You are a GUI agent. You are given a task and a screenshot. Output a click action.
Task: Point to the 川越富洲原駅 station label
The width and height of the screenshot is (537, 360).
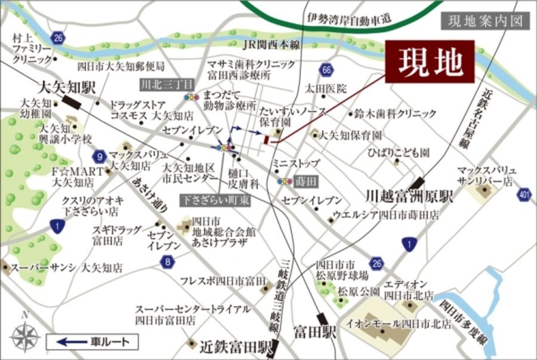click(x=410, y=196)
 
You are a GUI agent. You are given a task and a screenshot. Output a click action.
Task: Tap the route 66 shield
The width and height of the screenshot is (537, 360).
click(x=326, y=70)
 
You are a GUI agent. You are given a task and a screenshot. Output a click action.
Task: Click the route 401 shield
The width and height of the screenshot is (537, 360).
click(x=524, y=194)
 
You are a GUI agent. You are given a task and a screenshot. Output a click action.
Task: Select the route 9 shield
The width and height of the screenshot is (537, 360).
click(x=99, y=157)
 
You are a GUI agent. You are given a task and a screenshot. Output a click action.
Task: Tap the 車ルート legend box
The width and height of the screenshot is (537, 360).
click(x=92, y=342)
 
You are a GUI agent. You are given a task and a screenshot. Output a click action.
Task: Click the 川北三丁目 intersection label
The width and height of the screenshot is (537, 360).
click(x=158, y=84)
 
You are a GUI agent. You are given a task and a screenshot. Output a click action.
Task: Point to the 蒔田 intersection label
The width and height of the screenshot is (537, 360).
click(x=305, y=180)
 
